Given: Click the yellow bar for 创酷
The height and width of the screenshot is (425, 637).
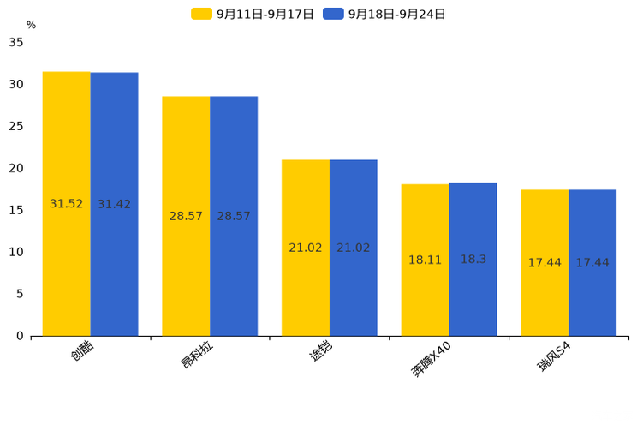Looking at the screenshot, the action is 66,204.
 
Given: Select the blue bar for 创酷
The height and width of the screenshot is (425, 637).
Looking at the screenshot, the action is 114,204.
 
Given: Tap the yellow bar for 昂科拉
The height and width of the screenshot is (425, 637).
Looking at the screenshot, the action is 186,217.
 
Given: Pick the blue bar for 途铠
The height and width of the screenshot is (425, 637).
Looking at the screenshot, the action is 354,248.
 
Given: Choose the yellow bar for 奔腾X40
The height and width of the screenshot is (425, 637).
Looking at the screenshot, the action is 425,260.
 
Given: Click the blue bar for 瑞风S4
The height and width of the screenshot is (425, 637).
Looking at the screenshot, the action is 592,263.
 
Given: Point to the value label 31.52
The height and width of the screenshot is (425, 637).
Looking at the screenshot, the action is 66,203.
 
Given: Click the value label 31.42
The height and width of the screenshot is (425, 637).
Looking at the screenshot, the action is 114,204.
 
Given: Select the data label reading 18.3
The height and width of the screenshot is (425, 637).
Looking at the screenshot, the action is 473,259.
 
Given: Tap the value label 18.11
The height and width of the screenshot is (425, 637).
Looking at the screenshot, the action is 425,260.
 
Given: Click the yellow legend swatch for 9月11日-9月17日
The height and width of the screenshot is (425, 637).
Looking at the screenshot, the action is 201,14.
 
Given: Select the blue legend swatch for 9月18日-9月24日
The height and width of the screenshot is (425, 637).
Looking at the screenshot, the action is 333,14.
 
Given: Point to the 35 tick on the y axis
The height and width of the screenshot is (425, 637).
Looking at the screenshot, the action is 16,42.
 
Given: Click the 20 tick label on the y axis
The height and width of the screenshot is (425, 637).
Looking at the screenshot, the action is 16,168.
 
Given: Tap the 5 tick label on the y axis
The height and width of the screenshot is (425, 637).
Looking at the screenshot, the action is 20,294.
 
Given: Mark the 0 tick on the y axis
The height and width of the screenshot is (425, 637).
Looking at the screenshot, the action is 20,336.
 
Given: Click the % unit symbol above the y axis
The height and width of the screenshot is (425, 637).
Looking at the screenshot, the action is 32,25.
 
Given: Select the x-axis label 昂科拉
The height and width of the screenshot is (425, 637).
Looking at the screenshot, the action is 197,355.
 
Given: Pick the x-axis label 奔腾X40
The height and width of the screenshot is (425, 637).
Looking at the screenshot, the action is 431,360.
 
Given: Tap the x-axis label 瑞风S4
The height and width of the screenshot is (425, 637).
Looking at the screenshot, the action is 554,356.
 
